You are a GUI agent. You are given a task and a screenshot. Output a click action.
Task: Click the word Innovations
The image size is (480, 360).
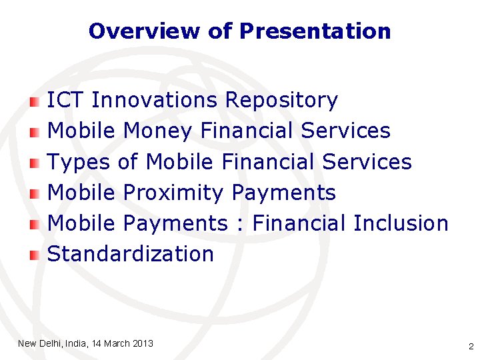pos(155,101)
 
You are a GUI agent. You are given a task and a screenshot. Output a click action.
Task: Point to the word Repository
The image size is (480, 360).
pos(281,101)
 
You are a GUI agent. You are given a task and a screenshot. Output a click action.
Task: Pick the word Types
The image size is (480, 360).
pos(79,162)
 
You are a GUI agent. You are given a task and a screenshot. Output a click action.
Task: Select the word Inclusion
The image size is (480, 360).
pos(401,223)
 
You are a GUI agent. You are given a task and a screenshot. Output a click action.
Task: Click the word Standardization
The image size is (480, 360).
pos(131,254)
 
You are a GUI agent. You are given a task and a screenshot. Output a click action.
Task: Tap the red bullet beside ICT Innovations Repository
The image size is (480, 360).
pos(35,101)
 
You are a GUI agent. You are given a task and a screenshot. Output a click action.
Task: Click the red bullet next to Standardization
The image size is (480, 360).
pos(35,255)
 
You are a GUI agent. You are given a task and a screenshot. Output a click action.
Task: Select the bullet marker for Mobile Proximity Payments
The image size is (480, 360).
pos(35,193)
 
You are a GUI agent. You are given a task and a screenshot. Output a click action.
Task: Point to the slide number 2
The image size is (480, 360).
pos(471,347)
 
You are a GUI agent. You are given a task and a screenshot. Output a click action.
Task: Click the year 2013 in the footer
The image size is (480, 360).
pos(143,343)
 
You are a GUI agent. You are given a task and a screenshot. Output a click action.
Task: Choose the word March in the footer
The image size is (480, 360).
pos(116,343)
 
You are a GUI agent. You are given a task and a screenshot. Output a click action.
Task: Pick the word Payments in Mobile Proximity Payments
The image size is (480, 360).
pos(283,193)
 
